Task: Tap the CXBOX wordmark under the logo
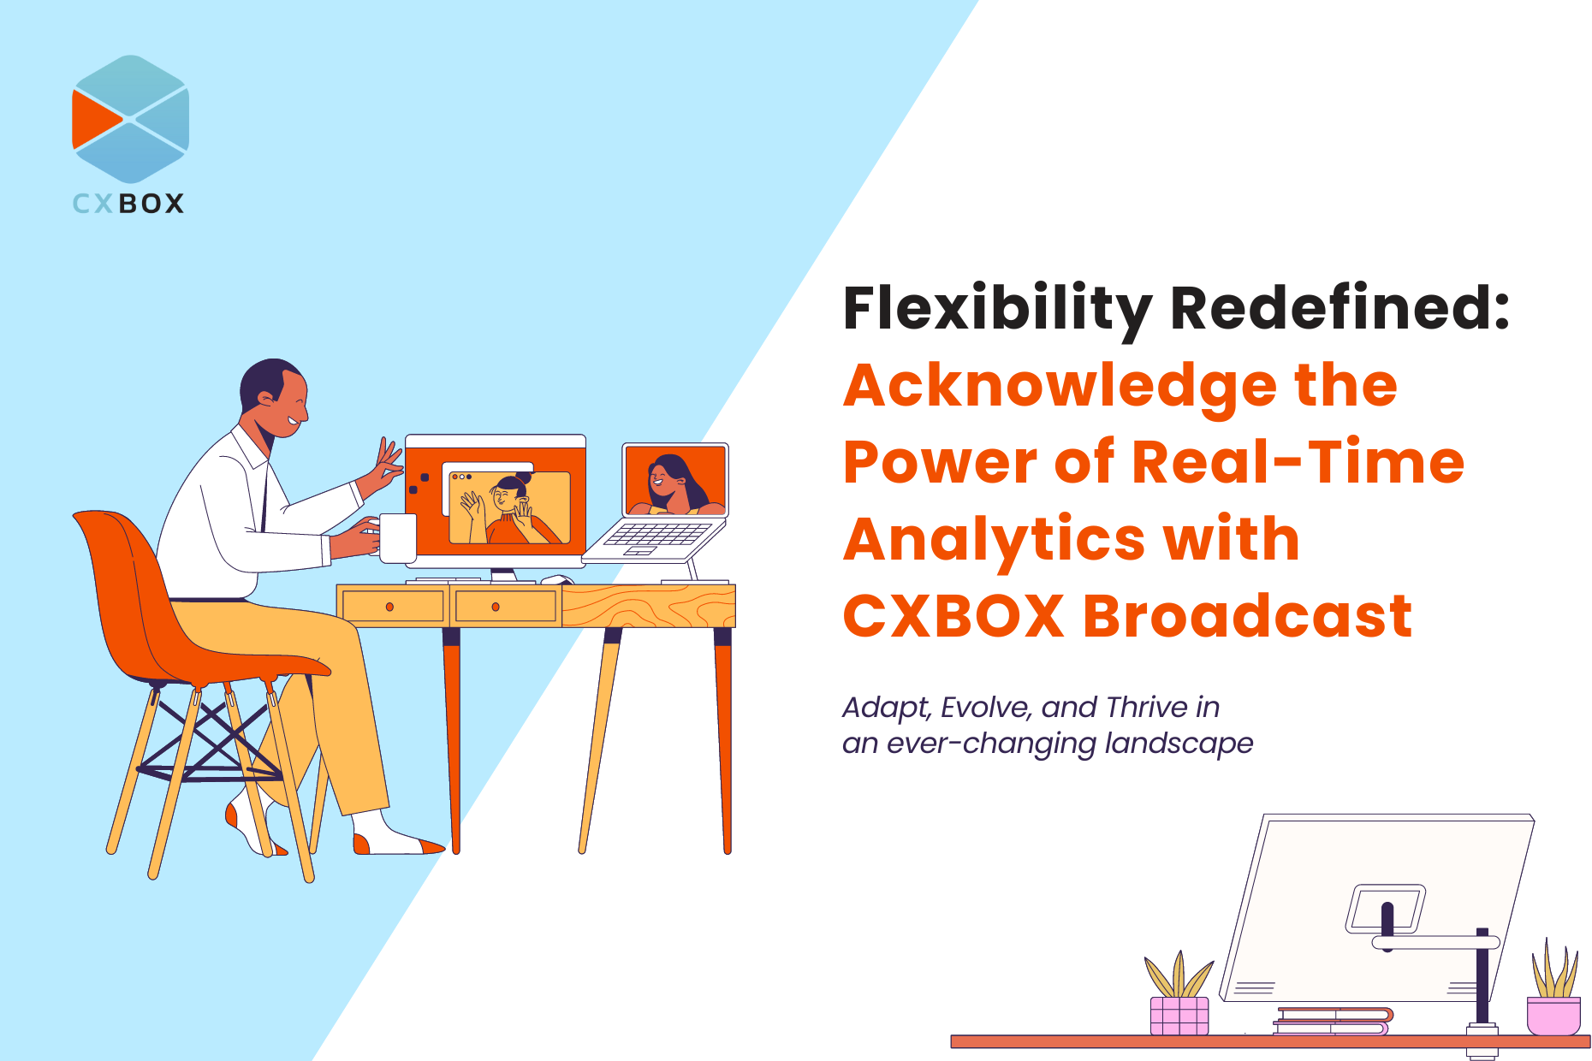point(128,204)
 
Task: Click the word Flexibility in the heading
point(998,309)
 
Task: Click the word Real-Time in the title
point(1298,462)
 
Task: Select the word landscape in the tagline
point(1179,744)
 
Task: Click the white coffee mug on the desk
point(395,538)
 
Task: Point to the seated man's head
point(274,399)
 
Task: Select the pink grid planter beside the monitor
point(1179,1016)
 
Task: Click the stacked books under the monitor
point(1333,1022)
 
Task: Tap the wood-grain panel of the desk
point(648,607)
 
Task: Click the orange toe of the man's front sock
point(432,846)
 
